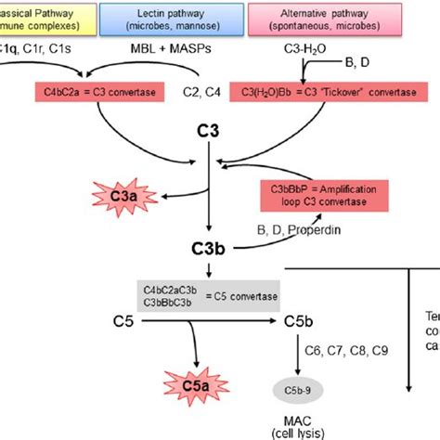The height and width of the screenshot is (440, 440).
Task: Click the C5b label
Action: (x=297, y=322)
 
